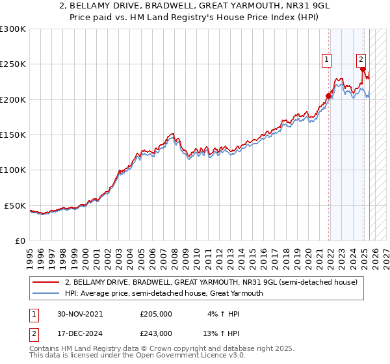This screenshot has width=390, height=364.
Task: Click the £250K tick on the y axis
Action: click(13, 64)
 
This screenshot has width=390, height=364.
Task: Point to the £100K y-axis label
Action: click(13, 170)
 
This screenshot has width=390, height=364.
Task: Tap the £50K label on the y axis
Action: click(16, 205)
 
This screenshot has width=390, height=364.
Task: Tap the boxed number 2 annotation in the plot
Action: click(361, 58)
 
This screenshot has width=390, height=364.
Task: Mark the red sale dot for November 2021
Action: click(329, 96)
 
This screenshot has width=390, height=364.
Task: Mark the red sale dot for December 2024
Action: click(363, 70)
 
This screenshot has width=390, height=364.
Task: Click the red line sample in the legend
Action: click(46, 283)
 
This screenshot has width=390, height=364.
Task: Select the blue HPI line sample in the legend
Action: click(46, 293)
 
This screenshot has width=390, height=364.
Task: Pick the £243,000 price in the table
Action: click(155, 333)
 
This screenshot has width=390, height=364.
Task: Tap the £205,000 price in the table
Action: click(155, 314)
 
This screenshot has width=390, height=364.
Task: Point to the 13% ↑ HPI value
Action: click(222, 333)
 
